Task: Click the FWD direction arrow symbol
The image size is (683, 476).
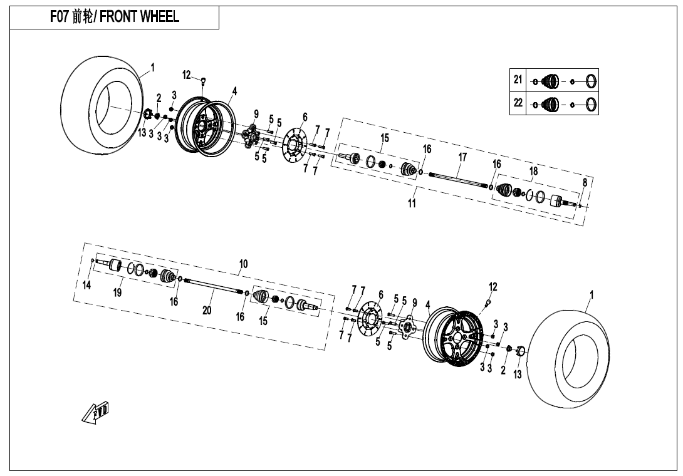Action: coord(95,413)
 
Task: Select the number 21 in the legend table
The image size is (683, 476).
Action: coord(518,80)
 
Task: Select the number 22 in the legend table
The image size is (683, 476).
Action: coord(518,103)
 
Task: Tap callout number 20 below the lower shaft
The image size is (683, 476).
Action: coord(207,310)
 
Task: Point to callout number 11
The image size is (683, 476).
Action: coord(412,203)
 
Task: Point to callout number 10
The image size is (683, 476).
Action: coord(243,264)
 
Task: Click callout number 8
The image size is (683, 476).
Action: coord(585,182)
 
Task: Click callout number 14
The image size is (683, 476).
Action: coord(87,286)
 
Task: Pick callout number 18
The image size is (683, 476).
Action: coord(533,171)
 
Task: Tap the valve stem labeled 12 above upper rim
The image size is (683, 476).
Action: coord(204,80)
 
